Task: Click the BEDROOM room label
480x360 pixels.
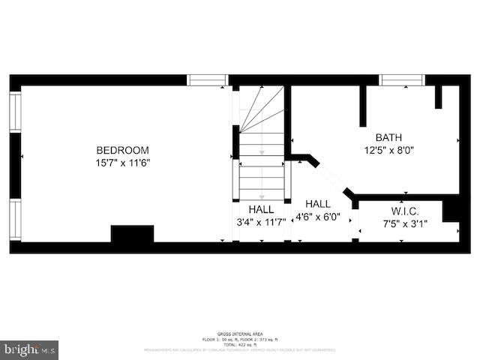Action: point(122,150)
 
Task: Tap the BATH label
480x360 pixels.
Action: point(388,137)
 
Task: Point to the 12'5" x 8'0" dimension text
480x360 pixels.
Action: point(388,150)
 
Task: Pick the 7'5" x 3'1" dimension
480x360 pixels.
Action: point(405,223)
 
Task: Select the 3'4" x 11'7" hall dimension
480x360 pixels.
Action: point(262,223)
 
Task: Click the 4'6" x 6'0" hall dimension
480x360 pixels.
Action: point(317,217)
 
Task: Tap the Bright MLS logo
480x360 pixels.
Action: point(29,349)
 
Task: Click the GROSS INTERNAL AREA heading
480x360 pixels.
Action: point(239,334)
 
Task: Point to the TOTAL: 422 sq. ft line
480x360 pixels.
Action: point(239,344)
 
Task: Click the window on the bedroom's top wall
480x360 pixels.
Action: point(207,80)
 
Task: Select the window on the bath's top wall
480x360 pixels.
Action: point(402,80)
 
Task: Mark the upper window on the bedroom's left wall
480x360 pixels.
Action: point(15,112)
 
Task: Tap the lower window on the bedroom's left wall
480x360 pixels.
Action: point(15,219)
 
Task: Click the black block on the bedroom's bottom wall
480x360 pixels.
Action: point(132,233)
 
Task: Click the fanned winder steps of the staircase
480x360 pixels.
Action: point(261,109)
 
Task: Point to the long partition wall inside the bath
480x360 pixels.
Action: point(363,106)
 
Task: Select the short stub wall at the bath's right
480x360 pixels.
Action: point(439,97)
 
